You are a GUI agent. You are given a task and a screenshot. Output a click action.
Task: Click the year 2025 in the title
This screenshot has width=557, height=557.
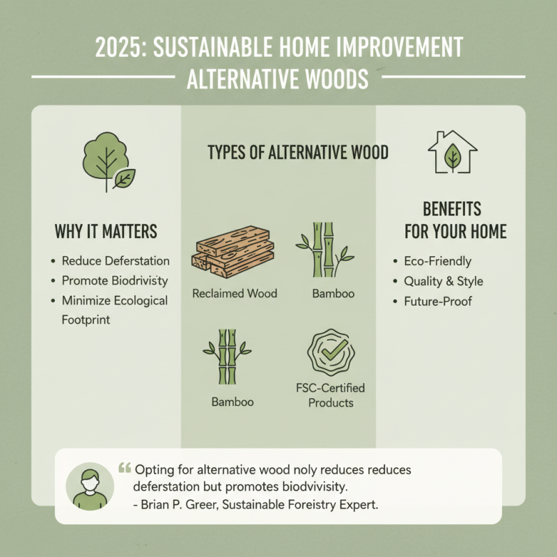(118, 49)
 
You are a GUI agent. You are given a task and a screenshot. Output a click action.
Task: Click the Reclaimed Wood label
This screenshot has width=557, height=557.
(234, 293)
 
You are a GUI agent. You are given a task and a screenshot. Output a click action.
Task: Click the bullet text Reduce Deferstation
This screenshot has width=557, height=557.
(116, 261)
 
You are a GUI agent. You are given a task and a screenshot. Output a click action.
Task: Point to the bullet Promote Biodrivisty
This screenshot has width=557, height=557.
(116, 281)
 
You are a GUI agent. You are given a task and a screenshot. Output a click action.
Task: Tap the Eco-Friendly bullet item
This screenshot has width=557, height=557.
(437, 262)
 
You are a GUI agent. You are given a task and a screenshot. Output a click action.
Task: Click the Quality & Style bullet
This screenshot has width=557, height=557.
(443, 282)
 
